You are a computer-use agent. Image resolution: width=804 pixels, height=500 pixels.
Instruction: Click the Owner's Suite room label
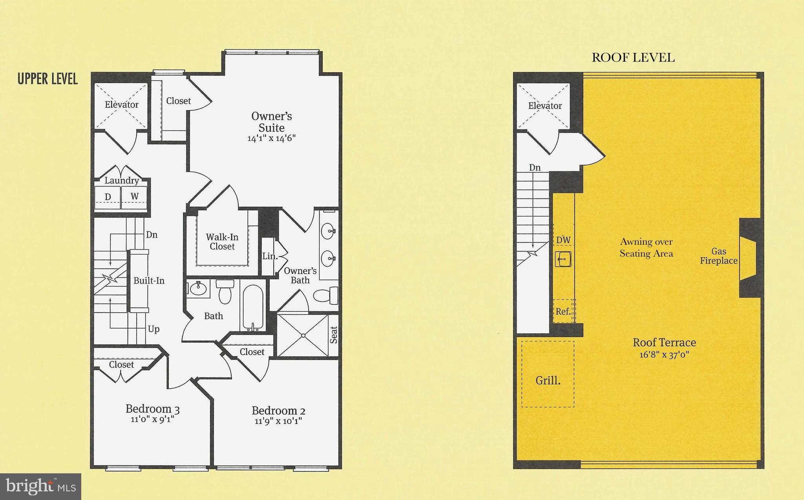[271, 122]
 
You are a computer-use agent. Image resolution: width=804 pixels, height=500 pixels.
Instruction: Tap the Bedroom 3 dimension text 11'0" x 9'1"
[152, 419]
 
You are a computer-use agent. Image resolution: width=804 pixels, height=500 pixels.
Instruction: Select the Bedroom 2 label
[278, 411]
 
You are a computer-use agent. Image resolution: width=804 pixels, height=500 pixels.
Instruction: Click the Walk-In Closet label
[222, 242]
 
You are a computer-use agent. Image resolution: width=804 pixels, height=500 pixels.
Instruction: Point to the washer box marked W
[135, 196]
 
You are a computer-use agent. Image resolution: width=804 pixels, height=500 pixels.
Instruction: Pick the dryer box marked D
[108, 197]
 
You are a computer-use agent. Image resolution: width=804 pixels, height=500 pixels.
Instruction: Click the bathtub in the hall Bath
[253, 307]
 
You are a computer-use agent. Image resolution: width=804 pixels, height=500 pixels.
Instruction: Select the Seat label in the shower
[334, 335]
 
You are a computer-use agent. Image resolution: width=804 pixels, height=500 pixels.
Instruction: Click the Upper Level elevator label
[121, 105]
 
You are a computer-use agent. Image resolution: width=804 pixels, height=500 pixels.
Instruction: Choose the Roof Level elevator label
[545, 106]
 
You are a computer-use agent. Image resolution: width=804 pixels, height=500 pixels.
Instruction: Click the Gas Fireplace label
[719, 256]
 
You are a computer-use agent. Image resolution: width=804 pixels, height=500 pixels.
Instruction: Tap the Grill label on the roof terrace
[548, 380]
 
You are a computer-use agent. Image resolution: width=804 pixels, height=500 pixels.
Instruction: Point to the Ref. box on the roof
[563, 311]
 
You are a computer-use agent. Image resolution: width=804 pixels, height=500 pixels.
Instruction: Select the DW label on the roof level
[563, 240]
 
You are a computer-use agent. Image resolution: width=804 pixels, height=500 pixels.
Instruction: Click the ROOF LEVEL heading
[633, 58]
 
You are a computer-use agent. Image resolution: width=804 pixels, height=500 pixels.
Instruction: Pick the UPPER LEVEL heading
[48, 79]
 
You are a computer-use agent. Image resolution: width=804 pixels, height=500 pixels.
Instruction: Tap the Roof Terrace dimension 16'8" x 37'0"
[664, 355]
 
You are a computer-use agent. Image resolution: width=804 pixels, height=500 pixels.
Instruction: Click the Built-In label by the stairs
[149, 281]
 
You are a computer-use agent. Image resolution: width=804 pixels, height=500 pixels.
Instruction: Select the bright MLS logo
[40, 486]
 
